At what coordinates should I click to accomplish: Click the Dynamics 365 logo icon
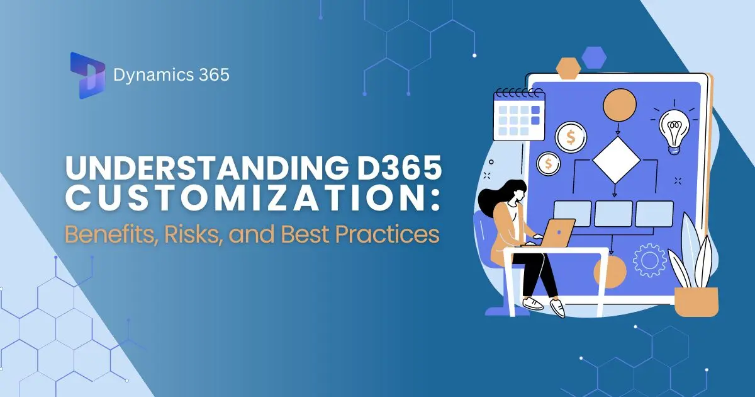pyautogui.click(x=87, y=76)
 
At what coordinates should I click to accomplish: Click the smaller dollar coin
pyautogui.click(x=549, y=164)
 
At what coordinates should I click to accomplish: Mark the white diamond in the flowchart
pyautogui.click(x=615, y=159)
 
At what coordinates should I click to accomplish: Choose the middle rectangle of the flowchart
pyautogui.click(x=613, y=214)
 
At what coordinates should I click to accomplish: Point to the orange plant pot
pyautogui.click(x=696, y=301)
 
